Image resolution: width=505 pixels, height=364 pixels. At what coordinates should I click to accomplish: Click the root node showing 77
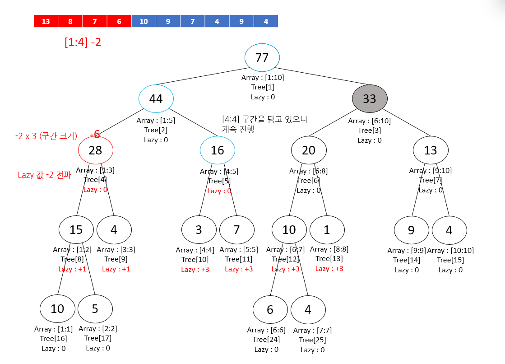pos(262,58)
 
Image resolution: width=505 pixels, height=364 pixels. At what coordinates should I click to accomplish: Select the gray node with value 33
pos(370,98)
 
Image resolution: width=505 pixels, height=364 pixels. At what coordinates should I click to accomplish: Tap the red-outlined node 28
pos(95,150)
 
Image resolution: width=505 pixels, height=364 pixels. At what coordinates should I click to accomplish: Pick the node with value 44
pos(156,98)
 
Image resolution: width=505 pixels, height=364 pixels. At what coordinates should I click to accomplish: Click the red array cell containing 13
pos(46,21)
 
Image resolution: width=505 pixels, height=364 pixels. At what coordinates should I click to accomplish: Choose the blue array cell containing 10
pos(144,21)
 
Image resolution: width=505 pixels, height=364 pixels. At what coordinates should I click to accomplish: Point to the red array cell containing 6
pos(119,21)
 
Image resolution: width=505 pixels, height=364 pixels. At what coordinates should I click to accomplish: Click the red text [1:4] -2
pos(83,42)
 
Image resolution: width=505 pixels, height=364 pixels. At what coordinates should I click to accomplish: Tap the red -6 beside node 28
pos(95,134)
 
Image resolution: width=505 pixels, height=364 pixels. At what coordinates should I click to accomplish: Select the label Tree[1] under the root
pos(263,87)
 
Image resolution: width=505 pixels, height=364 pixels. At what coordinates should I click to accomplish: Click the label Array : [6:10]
pos(369,121)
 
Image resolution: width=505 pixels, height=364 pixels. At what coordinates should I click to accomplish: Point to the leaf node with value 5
pos(95,309)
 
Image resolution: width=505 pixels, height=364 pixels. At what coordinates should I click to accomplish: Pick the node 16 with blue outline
pos(218,150)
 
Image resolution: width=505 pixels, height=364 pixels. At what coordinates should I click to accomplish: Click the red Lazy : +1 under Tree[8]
pos(72,269)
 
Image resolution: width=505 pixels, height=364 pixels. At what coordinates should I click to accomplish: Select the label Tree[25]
pos(312,340)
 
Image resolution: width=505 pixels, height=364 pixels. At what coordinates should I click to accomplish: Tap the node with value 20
pos(309,150)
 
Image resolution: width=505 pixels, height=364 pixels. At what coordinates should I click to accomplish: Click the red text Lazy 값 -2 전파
pos(44,175)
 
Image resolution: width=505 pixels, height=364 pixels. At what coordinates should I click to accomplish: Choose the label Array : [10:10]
pos(450,250)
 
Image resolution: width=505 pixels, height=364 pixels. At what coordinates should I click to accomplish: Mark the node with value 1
pos(327,229)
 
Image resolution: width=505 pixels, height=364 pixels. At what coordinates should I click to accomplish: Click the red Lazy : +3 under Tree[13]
pos(329,269)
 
